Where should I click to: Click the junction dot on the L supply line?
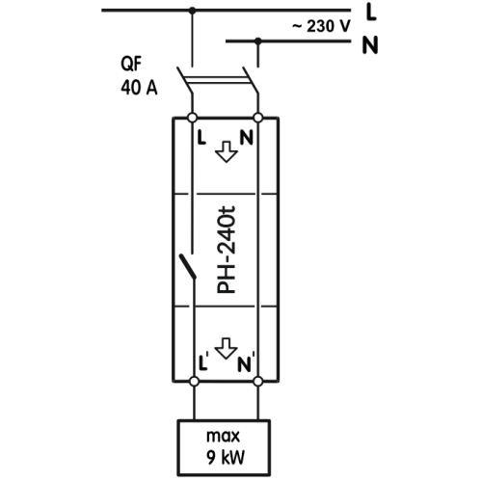pos(192,11)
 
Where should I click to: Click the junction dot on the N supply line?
pos(257,41)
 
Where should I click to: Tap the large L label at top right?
pos(371,13)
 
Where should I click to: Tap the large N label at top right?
pos(370,45)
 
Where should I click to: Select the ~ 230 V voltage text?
pos(321,26)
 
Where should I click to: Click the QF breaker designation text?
pos(131,64)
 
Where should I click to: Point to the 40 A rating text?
pos(139,87)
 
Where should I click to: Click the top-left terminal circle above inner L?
pos(192,118)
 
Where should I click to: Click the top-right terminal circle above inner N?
pos(258,118)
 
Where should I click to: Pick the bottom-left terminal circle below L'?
pos(194,382)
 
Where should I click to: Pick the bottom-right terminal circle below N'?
pos(258,382)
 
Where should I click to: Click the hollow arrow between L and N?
pos(227,151)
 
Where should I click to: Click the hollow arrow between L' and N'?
pos(227,348)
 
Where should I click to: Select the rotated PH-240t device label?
pos(227,250)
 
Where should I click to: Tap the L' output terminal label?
pos(203,361)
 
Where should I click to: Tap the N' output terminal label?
pos(246,363)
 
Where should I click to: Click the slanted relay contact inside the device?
pos(187,266)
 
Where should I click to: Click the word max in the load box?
pos(224,437)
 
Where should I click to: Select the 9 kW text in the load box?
pos(226,457)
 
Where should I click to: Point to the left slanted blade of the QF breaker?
pos(184,80)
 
